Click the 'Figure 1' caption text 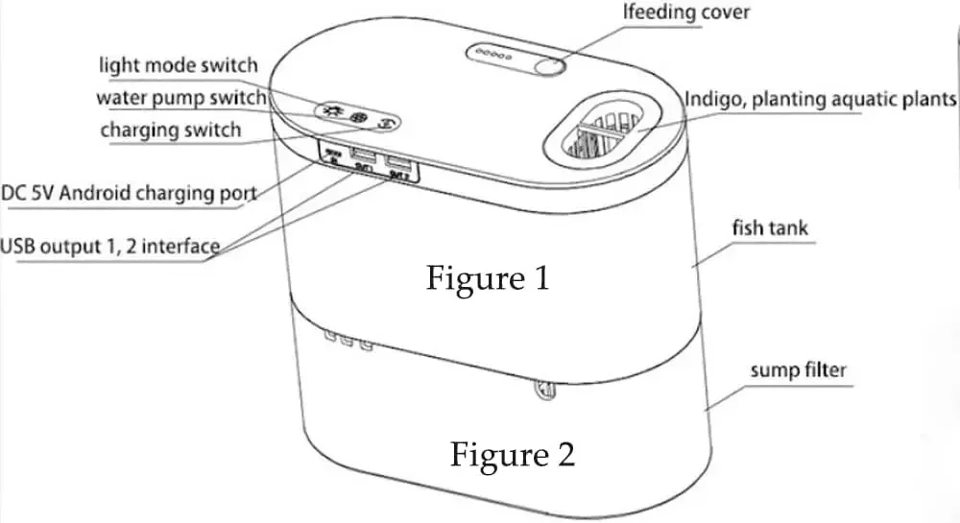pos(490,279)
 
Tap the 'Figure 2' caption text pos(514,453)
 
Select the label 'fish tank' pos(770,228)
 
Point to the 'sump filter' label pos(799,370)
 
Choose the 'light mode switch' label pos(179,65)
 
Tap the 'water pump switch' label pos(180,98)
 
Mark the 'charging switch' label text pos(171,130)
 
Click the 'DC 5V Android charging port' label pos(129,192)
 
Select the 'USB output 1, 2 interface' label pos(109,245)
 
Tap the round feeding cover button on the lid pos(548,66)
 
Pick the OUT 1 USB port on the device pos(363,155)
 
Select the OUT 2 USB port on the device pos(396,163)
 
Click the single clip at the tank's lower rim pos(540,391)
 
